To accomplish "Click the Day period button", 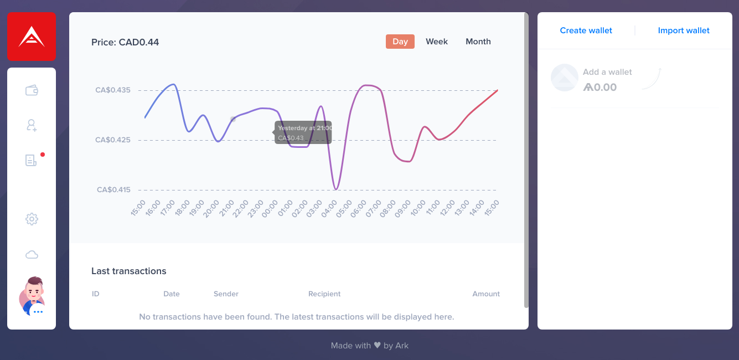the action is coord(400,42).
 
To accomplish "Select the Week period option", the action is coord(436,42).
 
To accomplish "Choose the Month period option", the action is coord(478,42).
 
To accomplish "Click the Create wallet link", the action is coord(586,30).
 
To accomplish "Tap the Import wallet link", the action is coord(684,30).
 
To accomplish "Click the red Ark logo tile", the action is coord(32,37).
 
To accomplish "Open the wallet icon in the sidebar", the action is coord(32,90).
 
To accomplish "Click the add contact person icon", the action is coord(32,125).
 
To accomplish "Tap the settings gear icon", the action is coord(32,219).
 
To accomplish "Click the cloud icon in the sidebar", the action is coord(32,254).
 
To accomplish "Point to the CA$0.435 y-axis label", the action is coord(113,90).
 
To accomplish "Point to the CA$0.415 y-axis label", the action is coord(113,190).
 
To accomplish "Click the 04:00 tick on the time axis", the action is coord(329,209).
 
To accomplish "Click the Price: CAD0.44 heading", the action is coord(125,42).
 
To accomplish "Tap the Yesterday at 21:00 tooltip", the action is coord(303,132).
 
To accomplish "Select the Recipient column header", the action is coord(324,294).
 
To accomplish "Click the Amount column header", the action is coord(486,294).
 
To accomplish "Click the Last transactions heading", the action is coord(128,271).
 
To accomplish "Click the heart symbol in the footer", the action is coord(377,345).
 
